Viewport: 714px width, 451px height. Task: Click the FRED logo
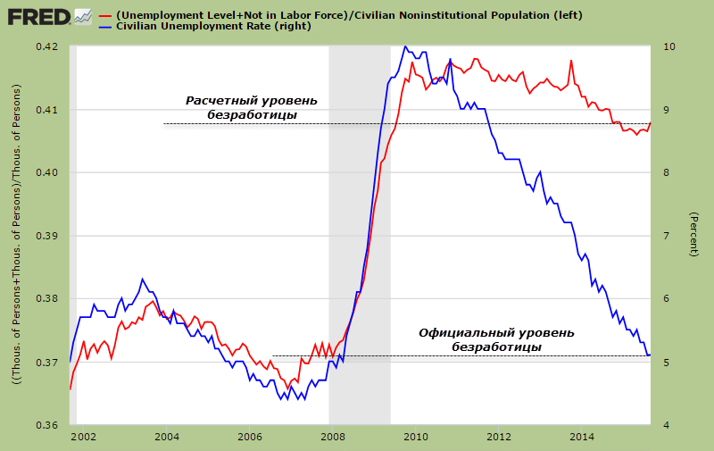coord(50,16)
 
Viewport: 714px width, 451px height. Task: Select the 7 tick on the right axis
coord(664,236)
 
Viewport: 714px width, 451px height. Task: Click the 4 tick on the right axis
coord(664,425)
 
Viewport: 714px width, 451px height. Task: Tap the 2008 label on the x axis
coord(333,437)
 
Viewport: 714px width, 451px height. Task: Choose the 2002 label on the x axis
coord(83,437)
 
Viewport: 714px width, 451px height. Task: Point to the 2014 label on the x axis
coord(583,437)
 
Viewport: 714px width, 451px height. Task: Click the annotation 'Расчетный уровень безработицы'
coord(251,107)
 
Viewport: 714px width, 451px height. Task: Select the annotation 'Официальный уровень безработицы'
coord(496,339)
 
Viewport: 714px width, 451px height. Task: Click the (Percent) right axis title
coord(693,235)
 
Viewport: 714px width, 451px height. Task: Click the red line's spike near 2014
coord(571,61)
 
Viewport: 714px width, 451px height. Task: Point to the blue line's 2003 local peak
coord(143,279)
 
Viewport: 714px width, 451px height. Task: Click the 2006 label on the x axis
coord(250,437)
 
